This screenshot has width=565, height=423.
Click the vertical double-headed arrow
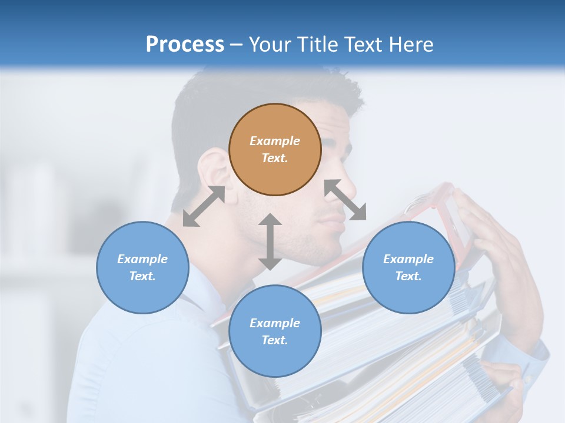pos(270,241)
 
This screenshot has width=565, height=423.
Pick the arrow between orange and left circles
pos(204,206)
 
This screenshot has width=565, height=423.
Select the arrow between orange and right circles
pos(345,200)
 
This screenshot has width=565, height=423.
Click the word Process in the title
pos(185,44)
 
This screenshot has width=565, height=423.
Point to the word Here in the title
pos(410,44)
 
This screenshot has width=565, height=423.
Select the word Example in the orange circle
pos(275,141)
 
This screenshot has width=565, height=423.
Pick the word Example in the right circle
pos(408,259)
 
